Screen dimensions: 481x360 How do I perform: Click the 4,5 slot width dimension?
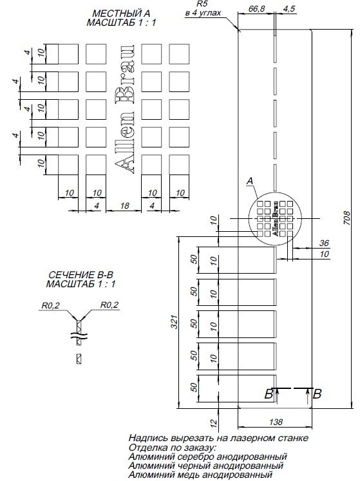(289, 10)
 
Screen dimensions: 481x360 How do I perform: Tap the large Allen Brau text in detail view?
(125, 110)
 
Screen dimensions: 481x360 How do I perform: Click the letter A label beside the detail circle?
(249, 182)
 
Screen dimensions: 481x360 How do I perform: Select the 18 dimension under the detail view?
(124, 205)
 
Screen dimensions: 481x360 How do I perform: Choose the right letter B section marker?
(317, 394)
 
